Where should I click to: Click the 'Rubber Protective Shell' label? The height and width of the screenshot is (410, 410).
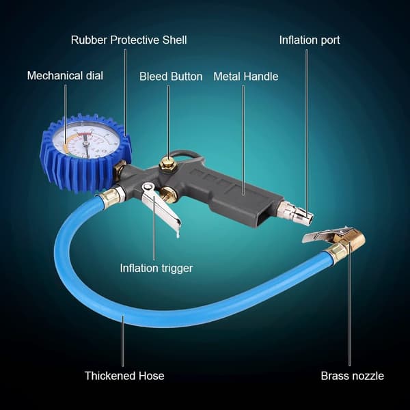pos(129,40)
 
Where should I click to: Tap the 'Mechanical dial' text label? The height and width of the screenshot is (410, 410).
pos(65,76)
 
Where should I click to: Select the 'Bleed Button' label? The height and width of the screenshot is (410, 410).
pos(171,77)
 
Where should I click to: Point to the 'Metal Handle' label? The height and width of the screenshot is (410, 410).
pos(246,77)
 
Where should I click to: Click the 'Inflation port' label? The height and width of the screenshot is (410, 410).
pos(310,40)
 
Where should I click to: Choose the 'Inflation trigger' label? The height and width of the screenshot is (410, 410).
pos(156,269)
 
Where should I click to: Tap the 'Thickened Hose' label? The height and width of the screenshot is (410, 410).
pos(124,376)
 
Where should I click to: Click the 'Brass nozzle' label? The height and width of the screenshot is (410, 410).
pos(353,376)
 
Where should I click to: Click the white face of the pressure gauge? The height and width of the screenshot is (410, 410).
pos(86,139)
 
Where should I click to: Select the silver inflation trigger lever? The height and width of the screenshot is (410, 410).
pos(161,206)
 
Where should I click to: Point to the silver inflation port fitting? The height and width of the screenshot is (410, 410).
pos(295,213)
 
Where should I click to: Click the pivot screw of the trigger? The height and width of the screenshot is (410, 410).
pos(148,187)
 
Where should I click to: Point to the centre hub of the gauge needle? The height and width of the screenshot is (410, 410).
pos(85,143)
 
